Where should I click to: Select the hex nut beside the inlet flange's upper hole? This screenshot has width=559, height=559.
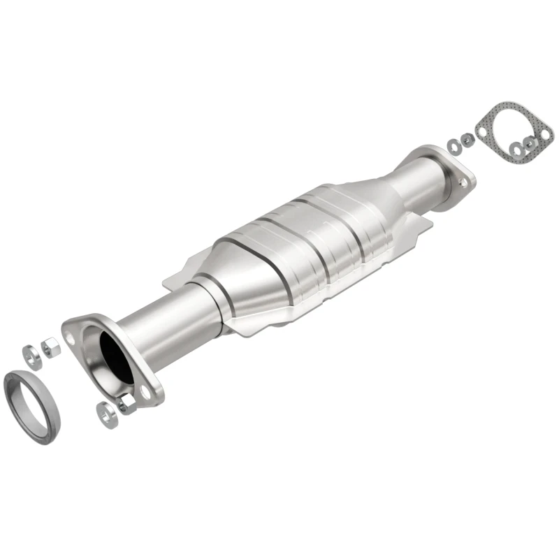[x=50, y=345]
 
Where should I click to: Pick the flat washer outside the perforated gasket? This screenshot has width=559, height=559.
[x=452, y=145]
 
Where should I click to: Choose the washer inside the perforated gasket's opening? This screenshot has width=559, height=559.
[x=517, y=147]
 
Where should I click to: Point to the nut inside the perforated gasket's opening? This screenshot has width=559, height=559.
[x=530, y=143]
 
